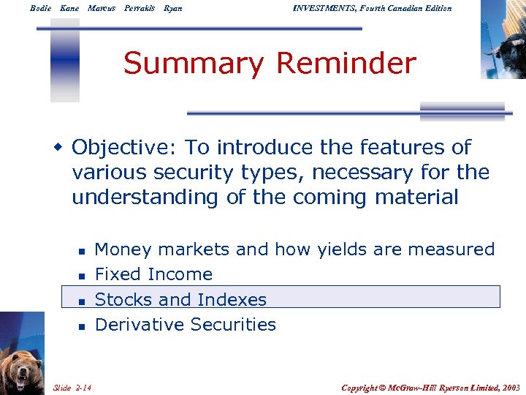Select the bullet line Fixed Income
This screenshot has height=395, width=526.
(153, 274)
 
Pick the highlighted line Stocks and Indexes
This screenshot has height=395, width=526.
(180, 299)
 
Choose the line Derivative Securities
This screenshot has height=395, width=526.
(186, 324)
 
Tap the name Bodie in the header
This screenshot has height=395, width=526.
(41, 8)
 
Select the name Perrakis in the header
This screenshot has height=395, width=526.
(140, 8)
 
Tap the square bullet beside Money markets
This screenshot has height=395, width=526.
(83, 251)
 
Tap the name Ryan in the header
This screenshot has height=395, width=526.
(173, 8)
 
